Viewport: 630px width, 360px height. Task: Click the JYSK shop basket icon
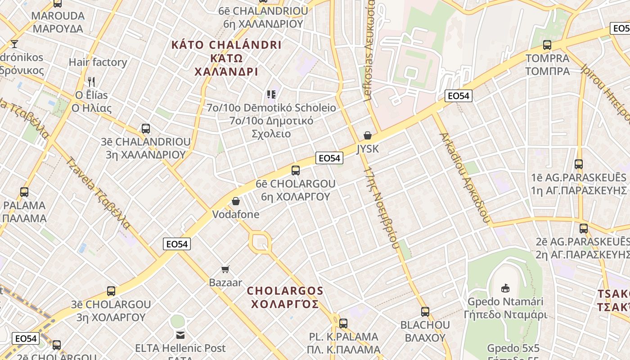(x=368, y=135)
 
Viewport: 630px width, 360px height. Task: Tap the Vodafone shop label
(x=236, y=214)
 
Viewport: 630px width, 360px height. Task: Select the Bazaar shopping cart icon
(x=225, y=269)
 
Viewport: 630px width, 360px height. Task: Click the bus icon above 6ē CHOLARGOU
(x=296, y=171)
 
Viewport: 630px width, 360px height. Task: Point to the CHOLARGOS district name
(x=285, y=297)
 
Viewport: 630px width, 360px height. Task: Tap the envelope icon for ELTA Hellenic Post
(x=180, y=335)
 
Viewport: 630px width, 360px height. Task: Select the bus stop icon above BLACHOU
(x=425, y=311)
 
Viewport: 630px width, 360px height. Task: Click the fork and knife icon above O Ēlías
(x=91, y=82)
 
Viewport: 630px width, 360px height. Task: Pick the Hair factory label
(x=98, y=62)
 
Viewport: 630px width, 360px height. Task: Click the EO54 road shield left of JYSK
(x=329, y=158)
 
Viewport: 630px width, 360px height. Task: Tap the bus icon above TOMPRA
(x=547, y=45)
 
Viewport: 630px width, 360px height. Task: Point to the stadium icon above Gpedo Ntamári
(x=505, y=288)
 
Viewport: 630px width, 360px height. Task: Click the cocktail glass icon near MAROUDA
(x=14, y=44)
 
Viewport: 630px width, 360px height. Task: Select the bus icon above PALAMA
(x=24, y=192)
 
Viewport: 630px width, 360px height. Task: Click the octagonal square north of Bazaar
(x=260, y=243)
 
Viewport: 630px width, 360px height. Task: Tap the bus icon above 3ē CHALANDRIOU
(x=146, y=129)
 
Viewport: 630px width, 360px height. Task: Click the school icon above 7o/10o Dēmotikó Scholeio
(x=271, y=94)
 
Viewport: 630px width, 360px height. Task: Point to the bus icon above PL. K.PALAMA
(x=343, y=323)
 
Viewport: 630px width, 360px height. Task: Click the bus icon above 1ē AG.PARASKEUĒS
(x=579, y=164)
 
